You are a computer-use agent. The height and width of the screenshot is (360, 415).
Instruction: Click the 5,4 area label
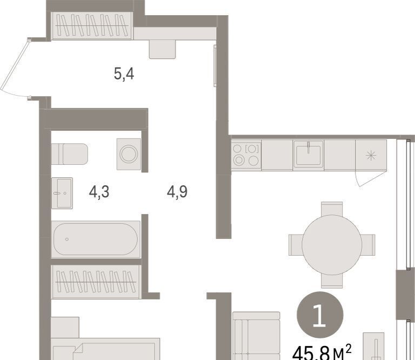124,74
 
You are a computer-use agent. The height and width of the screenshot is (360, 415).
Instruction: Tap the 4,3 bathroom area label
99,192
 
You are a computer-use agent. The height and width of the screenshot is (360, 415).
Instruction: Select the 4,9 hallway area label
177,192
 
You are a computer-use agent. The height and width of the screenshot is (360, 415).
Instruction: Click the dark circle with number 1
320,315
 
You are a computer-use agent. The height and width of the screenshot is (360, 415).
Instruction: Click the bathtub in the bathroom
96,239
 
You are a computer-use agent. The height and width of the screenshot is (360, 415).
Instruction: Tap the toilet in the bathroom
69,154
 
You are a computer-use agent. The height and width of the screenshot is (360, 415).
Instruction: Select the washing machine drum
129,154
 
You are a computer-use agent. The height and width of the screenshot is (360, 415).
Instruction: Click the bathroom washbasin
62,193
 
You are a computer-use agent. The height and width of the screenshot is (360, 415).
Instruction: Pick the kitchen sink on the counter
309,155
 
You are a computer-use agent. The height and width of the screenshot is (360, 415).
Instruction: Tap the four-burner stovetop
246,155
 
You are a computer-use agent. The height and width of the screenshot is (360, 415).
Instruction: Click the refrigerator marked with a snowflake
371,155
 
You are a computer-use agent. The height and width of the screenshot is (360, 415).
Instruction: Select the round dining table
332,245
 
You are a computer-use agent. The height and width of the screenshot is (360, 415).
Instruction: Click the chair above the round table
332,209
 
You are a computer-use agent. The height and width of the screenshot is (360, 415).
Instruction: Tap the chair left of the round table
296,245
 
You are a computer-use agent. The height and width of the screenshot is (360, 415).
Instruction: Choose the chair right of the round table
368,245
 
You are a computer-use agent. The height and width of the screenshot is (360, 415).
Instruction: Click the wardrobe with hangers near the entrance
92,26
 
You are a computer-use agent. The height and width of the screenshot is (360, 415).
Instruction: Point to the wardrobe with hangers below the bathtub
96,282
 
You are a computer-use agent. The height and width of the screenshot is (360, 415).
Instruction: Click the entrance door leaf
15,66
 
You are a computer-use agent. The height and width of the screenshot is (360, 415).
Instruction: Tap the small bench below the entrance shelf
162,49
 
